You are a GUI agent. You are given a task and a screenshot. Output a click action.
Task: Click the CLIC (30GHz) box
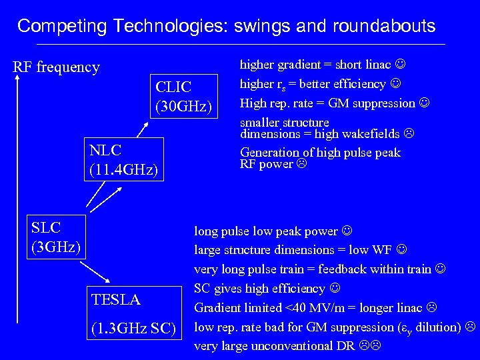(x=183, y=95)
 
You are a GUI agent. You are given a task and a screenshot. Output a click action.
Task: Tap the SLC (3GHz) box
(x=56, y=237)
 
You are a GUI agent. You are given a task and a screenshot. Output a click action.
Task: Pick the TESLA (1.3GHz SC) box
(x=134, y=313)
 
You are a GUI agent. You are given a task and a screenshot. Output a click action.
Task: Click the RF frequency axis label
(x=57, y=67)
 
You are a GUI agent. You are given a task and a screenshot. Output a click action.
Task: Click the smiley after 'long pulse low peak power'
(x=347, y=231)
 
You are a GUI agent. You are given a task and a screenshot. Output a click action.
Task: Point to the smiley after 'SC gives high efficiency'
(x=334, y=289)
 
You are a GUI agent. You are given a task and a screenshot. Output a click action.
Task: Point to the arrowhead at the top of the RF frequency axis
(x=20, y=78)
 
